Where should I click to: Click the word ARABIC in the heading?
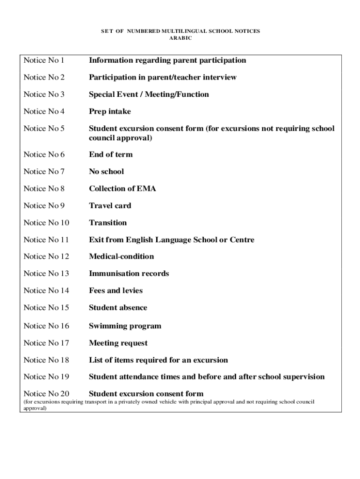click(180, 38)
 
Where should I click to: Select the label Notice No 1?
click(43, 60)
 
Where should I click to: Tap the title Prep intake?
click(110, 111)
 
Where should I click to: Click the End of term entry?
click(111, 154)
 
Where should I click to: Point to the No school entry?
click(107, 172)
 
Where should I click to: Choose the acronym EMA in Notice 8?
click(146, 189)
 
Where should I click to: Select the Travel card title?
click(110, 206)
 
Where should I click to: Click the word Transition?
click(108, 223)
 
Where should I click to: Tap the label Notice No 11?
click(46, 240)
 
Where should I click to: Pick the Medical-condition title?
click(121, 256)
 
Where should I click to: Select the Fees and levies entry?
click(116, 290)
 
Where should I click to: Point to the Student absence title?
click(118, 308)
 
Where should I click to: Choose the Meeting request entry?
click(118, 343)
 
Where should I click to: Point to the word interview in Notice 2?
click(219, 77)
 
